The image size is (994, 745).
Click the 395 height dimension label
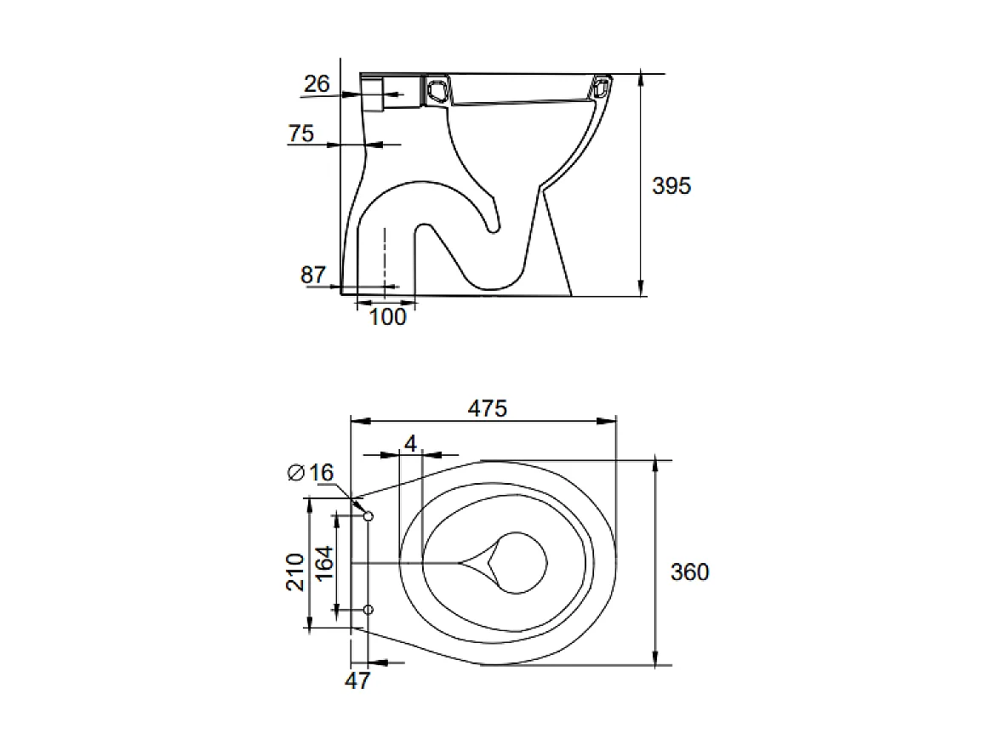coord(671,185)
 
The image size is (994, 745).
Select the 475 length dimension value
coord(488,408)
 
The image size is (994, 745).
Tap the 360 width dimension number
coord(689,572)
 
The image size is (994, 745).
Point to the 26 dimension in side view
coord(317,83)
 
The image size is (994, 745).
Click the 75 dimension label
coord(300,134)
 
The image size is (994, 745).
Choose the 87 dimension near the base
coord(313,275)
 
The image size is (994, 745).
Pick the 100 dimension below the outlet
coord(387,317)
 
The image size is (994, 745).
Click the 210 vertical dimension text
coord(294,572)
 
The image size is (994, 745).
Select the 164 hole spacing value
coord(324,564)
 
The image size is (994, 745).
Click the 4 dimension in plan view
coord(410,444)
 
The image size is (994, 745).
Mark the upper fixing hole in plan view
coord(368,516)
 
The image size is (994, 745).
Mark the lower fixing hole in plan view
coord(368,610)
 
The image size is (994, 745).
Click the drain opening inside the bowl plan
coord(519,563)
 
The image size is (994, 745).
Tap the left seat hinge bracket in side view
coord(437,88)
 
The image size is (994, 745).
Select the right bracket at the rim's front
coord(602,87)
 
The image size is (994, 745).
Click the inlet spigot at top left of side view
coord(374,93)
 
